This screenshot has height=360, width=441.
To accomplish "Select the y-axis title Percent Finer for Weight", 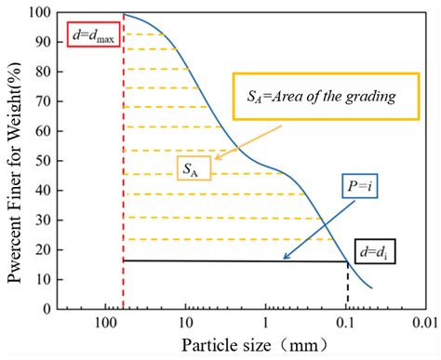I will click(13, 160).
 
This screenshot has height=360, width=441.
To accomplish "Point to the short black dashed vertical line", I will click(348, 284).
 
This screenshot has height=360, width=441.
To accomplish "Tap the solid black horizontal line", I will click(233, 260).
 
